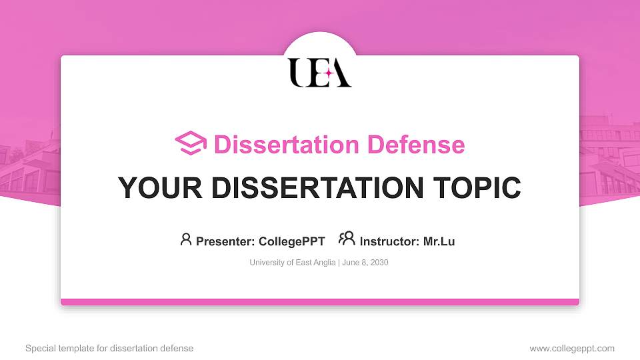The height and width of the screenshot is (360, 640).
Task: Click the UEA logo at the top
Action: coord(320,72)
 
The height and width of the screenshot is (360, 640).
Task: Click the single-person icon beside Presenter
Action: coord(186,239)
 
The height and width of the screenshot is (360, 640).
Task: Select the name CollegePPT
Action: coord(291,241)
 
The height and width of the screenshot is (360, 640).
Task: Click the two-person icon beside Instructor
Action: coord(347,239)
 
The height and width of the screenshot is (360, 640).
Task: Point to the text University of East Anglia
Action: coord(293,263)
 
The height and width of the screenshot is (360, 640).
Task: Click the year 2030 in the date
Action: coord(379,263)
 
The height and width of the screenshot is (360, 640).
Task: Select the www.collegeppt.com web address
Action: coord(572,348)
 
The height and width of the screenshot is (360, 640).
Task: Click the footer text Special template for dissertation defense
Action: coord(109,348)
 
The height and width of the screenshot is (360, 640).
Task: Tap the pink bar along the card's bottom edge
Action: coord(320,302)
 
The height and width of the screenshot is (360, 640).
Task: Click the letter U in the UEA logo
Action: coord(298,72)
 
